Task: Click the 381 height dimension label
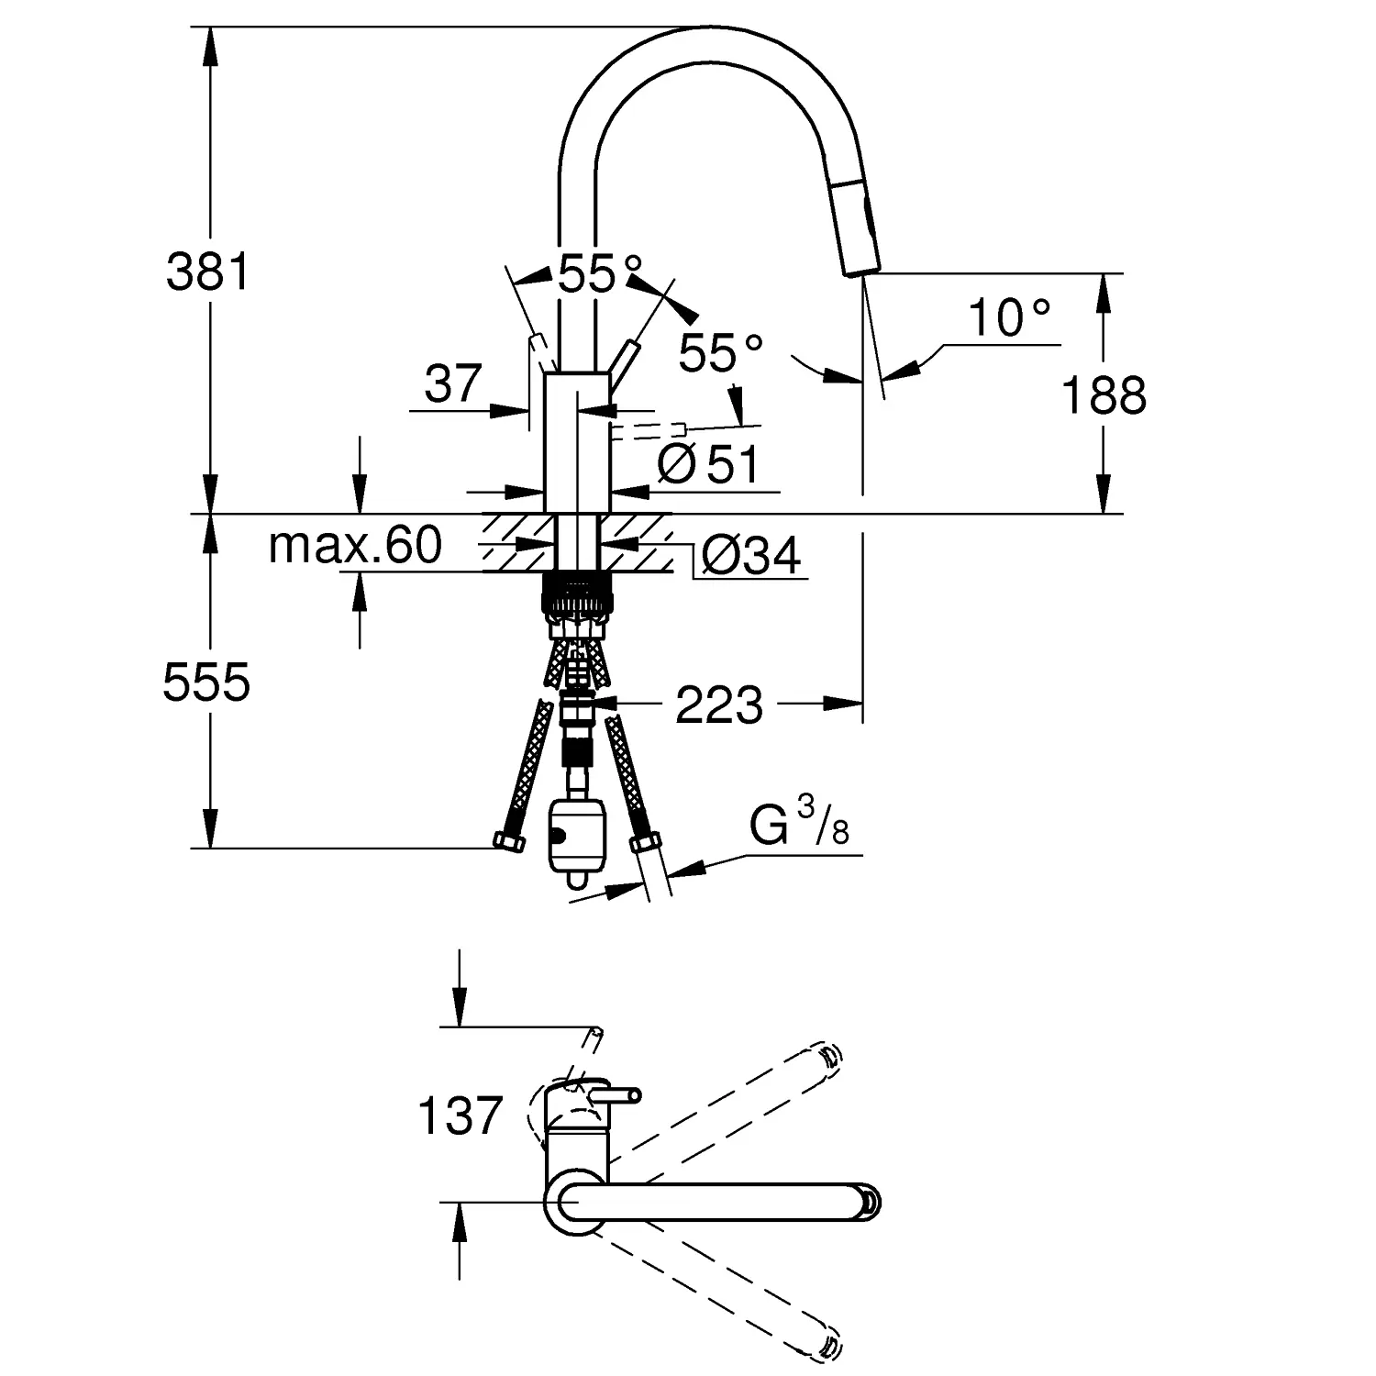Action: (x=207, y=272)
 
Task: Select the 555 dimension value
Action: (x=206, y=682)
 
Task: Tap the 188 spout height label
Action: (x=1104, y=396)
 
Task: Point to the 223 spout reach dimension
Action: (x=719, y=705)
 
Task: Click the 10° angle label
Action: (x=1008, y=318)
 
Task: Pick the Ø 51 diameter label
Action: (x=709, y=465)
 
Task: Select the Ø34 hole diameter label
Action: (x=750, y=555)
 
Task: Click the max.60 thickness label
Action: (x=355, y=546)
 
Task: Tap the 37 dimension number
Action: (x=453, y=383)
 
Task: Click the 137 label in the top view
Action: (x=460, y=1116)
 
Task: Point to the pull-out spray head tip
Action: (x=860, y=267)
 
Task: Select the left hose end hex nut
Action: (x=507, y=841)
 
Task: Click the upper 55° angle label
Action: (x=599, y=273)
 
